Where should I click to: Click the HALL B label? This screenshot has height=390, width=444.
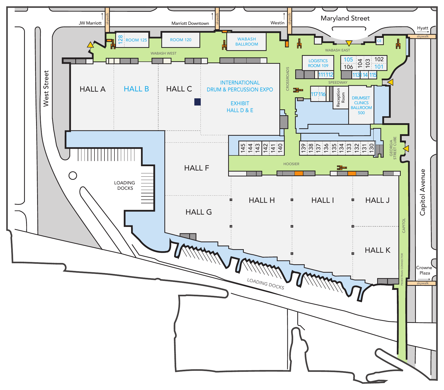click(x=136, y=89)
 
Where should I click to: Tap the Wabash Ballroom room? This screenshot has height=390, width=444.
click(x=246, y=41)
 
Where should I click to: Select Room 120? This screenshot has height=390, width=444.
click(x=181, y=40)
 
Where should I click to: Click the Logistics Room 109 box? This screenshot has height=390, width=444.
click(x=318, y=63)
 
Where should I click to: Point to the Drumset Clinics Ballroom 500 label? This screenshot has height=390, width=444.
click(x=361, y=105)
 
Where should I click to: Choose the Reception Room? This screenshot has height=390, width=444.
click(x=341, y=98)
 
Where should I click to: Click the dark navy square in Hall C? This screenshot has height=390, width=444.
click(x=197, y=102)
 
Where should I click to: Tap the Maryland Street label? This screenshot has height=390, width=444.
click(x=345, y=18)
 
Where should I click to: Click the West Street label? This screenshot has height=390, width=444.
click(x=46, y=89)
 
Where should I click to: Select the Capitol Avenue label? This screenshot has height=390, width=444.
click(x=422, y=192)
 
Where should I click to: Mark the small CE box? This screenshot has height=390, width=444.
click(x=379, y=41)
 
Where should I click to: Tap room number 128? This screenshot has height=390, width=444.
click(x=120, y=39)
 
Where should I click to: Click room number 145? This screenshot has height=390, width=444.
click(x=243, y=148)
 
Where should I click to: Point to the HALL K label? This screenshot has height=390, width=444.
click(x=377, y=250)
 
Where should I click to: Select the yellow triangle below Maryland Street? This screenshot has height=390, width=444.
click(x=349, y=43)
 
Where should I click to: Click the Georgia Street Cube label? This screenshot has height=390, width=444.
click(x=393, y=148)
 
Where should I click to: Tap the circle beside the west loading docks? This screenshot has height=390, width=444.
click(x=73, y=175)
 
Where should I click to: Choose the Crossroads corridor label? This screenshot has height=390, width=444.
click(x=288, y=79)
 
